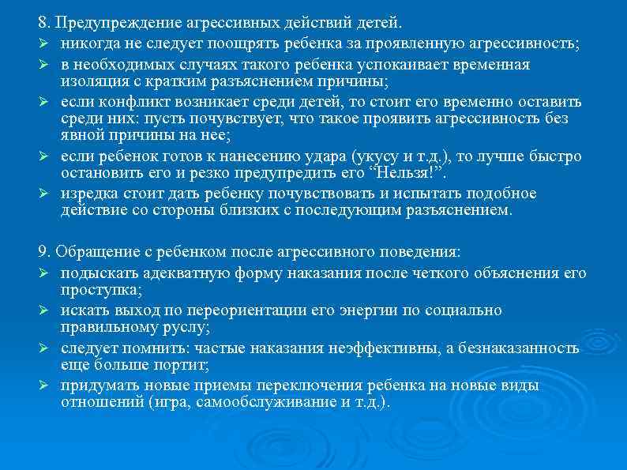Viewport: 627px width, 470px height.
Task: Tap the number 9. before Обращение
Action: pos(44,252)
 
